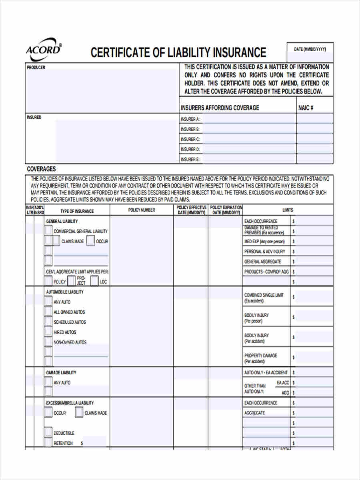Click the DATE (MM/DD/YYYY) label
point(310,49)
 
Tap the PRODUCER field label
point(36,68)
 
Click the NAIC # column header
point(306,108)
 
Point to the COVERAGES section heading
point(41,169)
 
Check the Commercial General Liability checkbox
point(48,231)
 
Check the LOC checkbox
point(94,281)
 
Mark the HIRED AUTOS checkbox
point(48,332)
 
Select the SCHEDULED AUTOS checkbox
point(48,322)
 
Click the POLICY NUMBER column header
point(142,210)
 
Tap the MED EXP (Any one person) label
point(264,242)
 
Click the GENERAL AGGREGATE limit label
point(263,262)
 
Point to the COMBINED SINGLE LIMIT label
point(264,295)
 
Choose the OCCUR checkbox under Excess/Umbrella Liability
point(48,412)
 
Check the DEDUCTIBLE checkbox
point(48,433)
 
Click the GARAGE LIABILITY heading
point(61,372)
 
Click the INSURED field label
point(34,117)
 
